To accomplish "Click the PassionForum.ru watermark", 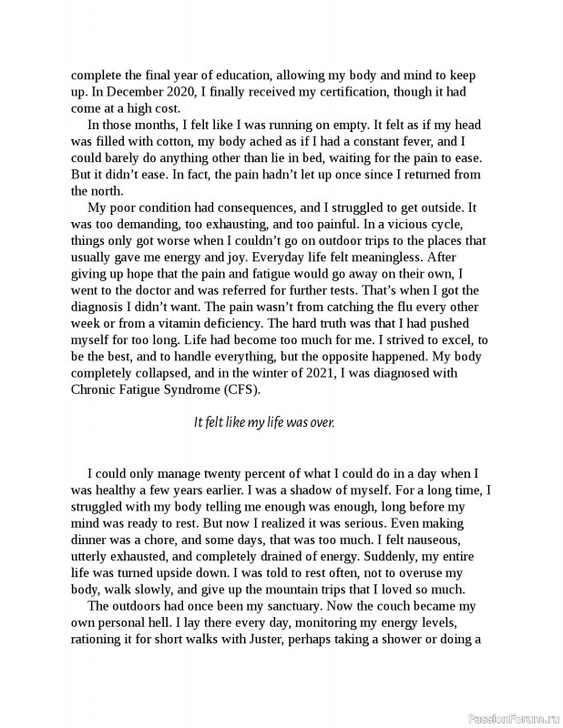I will [512, 717].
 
